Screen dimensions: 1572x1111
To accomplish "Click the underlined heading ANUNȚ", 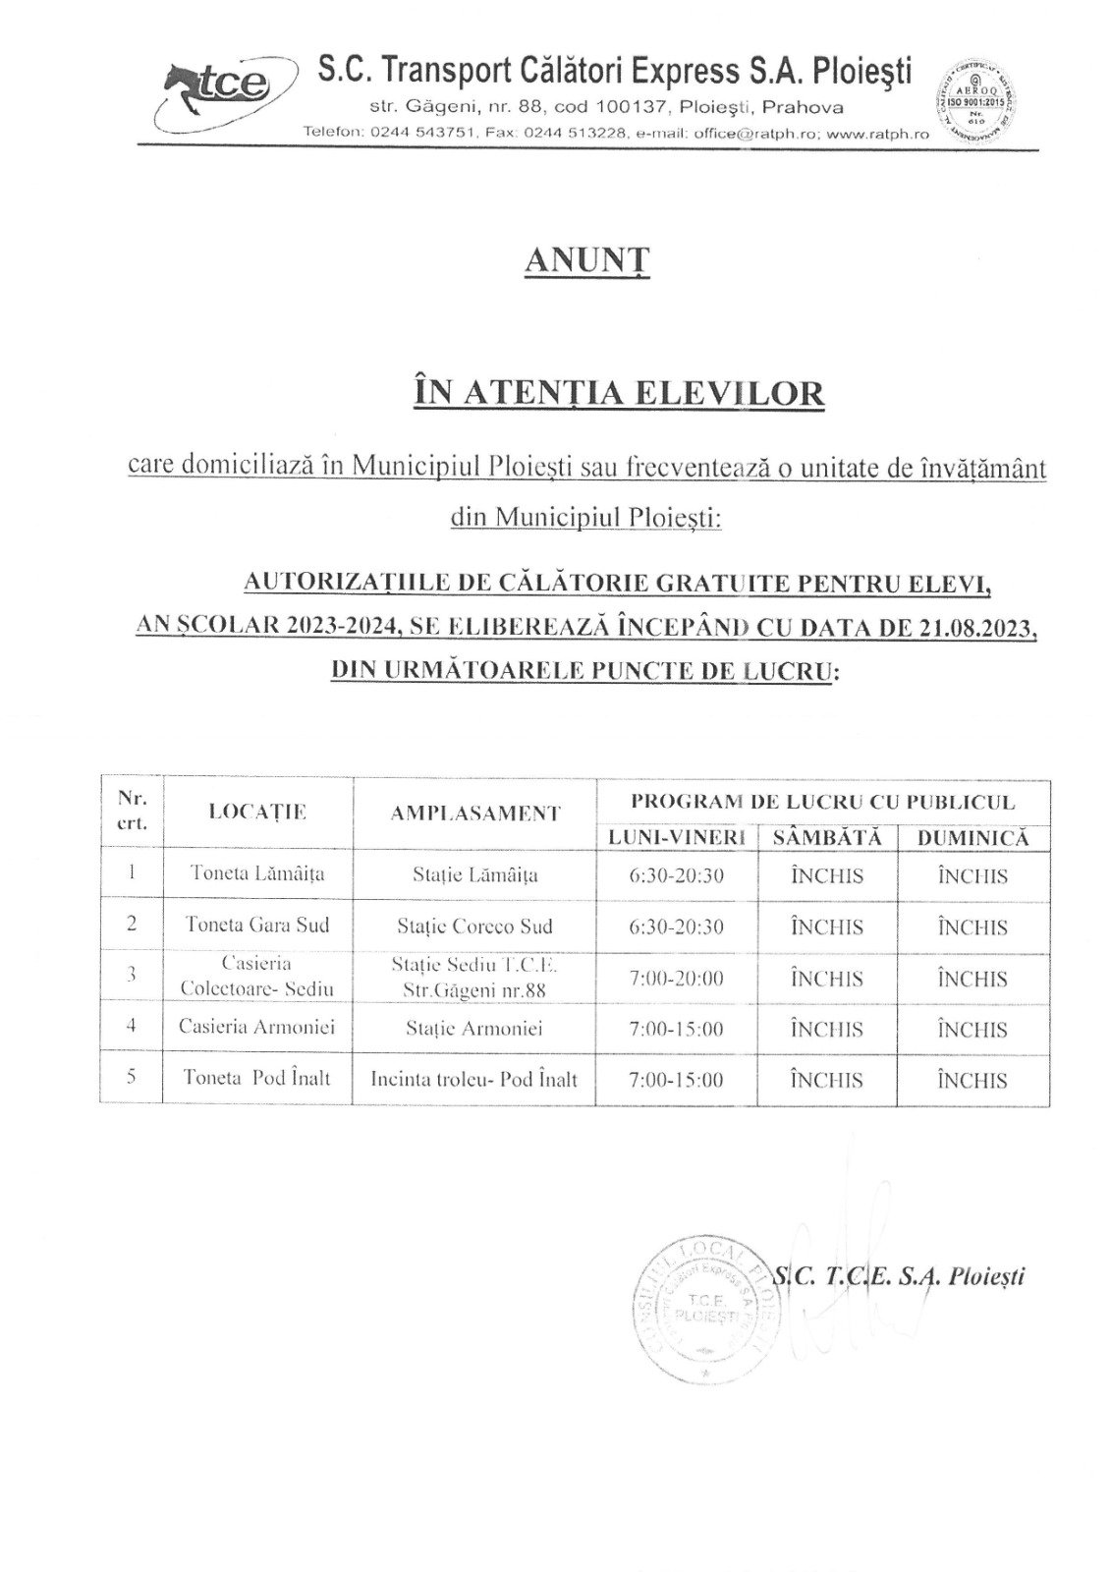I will (587, 260).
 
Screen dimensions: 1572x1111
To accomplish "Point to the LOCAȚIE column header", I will (257, 812).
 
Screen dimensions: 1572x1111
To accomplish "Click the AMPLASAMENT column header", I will (474, 814).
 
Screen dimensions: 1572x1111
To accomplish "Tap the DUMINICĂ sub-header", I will (972, 838).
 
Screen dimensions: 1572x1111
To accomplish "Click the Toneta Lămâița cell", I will (257, 873).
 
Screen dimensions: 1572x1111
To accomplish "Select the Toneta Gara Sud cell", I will (257, 925).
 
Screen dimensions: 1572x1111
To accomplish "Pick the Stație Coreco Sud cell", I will (474, 926).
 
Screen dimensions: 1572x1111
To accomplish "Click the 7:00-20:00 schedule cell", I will (676, 979).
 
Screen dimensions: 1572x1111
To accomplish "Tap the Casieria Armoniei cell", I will (256, 1027).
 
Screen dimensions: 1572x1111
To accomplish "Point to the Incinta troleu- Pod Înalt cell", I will (473, 1080).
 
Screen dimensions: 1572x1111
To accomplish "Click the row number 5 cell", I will (132, 1077).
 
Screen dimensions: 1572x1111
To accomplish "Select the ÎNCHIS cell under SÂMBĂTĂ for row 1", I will (827, 876).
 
